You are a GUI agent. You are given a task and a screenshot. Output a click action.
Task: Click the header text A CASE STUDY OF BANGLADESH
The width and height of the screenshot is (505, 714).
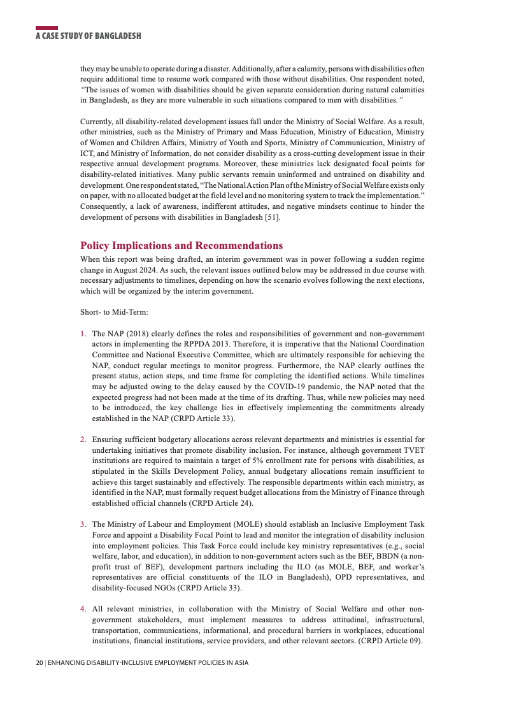pyautogui.click(x=88, y=36)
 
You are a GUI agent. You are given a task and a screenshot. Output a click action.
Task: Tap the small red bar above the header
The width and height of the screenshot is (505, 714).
pyautogui.click(x=46, y=28)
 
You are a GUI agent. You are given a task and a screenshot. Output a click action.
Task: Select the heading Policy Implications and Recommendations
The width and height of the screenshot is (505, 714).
pyautogui.click(x=181, y=246)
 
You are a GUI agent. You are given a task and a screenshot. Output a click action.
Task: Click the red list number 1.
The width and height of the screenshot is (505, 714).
pyautogui.click(x=83, y=334)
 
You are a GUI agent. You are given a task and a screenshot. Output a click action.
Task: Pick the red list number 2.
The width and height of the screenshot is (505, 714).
pyautogui.click(x=83, y=439)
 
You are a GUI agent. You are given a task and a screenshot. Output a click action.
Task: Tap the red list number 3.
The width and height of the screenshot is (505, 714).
pyautogui.click(x=83, y=524)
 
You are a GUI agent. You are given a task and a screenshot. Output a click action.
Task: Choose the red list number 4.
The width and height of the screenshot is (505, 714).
pyautogui.click(x=83, y=609)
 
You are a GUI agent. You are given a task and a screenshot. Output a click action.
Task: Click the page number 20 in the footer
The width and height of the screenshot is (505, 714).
pyautogui.click(x=39, y=663)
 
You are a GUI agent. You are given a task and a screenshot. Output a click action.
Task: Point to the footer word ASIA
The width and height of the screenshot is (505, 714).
pyautogui.click(x=240, y=663)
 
